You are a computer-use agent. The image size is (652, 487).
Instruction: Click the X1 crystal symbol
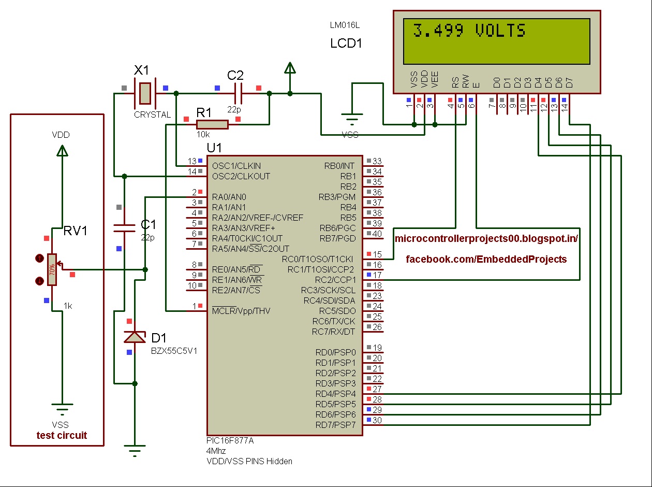pyautogui.click(x=145, y=93)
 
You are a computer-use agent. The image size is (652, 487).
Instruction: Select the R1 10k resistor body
pyautogui.click(x=212, y=124)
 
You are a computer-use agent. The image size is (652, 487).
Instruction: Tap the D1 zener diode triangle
pyautogui.click(x=135, y=337)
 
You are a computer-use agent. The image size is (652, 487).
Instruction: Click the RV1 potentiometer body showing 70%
pyautogui.click(x=52, y=270)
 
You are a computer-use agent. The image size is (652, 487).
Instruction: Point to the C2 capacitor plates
pyautogui.click(x=238, y=93)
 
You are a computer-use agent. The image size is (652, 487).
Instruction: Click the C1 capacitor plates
pyautogui.click(x=125, y=228)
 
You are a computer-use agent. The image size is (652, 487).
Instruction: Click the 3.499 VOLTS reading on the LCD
pyautogui.click(x=469, y=31)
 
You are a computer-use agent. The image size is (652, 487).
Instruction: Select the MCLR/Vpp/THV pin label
pyautogui.click(x=241, y=311)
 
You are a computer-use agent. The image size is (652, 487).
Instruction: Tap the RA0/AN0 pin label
pyautogui.click(x=229, y=197)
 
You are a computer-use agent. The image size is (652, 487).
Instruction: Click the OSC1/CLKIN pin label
pyautogui.click(x=236, y=166)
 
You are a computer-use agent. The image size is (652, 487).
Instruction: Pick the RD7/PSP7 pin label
pyautogui.click(x=335, y=425)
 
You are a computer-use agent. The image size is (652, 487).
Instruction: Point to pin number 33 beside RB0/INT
pyautogui.click(x=377, y=161)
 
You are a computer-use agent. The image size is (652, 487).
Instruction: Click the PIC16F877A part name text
pyautogui.click(x=230, y=440)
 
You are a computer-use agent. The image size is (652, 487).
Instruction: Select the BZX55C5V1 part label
pyautogui.click(x=174, y=351)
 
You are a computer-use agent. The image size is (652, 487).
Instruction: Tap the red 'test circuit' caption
pyautogui.click(x=62, y=435)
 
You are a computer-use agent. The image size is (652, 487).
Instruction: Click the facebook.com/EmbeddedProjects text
pyautogui.click(x=486, y=259)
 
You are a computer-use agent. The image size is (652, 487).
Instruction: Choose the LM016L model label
pyautogui.click(x=345, y=25)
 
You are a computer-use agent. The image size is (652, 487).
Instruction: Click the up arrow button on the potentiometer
pyautogui.click(x=39, y=259)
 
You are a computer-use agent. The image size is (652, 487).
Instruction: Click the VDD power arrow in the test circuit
pyautogui.click(x=63, y=150)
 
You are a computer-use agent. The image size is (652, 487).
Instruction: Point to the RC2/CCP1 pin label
pyautogui.click(x=335, y=280)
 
